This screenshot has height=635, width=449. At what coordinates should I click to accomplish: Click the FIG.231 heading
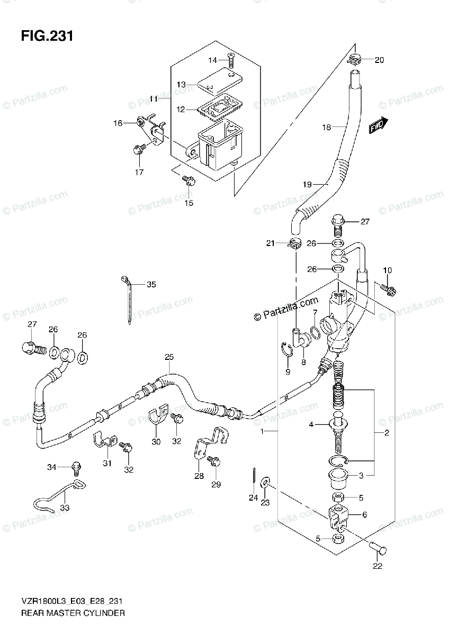tap(47, 37)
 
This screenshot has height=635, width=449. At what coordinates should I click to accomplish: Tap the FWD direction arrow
tap(379, 125)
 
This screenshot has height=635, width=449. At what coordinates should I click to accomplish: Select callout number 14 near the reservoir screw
tap(212, 60)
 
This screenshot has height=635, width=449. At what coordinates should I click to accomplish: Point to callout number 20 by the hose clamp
tap(379, 60)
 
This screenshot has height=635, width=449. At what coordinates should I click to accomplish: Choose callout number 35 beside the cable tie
tap(151, 284)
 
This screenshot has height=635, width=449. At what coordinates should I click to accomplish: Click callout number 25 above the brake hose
tap(169, 357)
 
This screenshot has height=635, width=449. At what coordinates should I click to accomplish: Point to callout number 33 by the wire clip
tap(65, 507)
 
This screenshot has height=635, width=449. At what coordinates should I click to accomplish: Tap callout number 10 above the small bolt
tap(387, 270)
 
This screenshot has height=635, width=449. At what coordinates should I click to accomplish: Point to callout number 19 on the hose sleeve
tap(307, 185)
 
